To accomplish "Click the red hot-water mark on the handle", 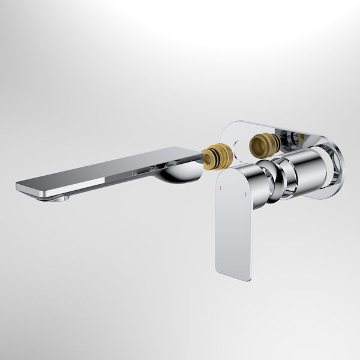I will (x=220, y=188).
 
